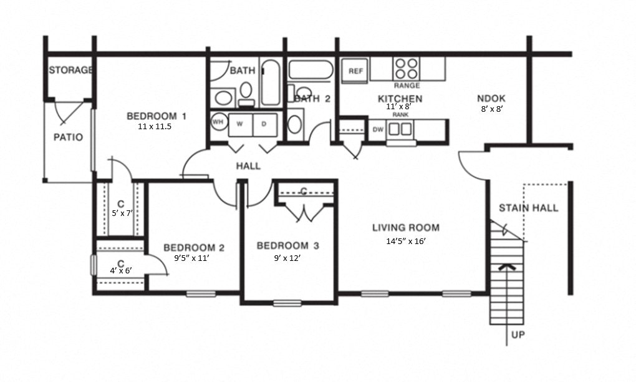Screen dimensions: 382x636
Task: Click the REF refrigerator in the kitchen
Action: (x=355, y=71)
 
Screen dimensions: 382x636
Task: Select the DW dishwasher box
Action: (x=378, y=130)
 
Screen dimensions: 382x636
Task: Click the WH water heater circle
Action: (x=218, y=122)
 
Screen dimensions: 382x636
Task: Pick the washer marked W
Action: (x=239, y=124)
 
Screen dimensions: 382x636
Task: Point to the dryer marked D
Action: (x=264, y=124)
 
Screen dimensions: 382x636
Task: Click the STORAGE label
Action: (x=70, y=70)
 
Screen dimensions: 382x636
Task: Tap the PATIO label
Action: (x=68, y=137)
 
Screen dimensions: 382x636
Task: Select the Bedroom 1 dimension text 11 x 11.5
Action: (x=154, y=126)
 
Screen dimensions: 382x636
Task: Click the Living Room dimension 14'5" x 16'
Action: (x=406, y=240)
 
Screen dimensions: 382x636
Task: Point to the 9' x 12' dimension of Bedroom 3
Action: (x=287, y=258)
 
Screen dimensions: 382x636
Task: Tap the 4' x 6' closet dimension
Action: (x=120, y=270)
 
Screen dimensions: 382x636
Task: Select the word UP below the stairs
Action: (x=518, y=335)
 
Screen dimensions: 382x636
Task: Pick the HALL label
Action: (x=248, y=166)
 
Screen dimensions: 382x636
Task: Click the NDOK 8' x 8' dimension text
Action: (x=491, y=108)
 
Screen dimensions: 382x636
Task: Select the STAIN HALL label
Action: (x=528, y=208)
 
